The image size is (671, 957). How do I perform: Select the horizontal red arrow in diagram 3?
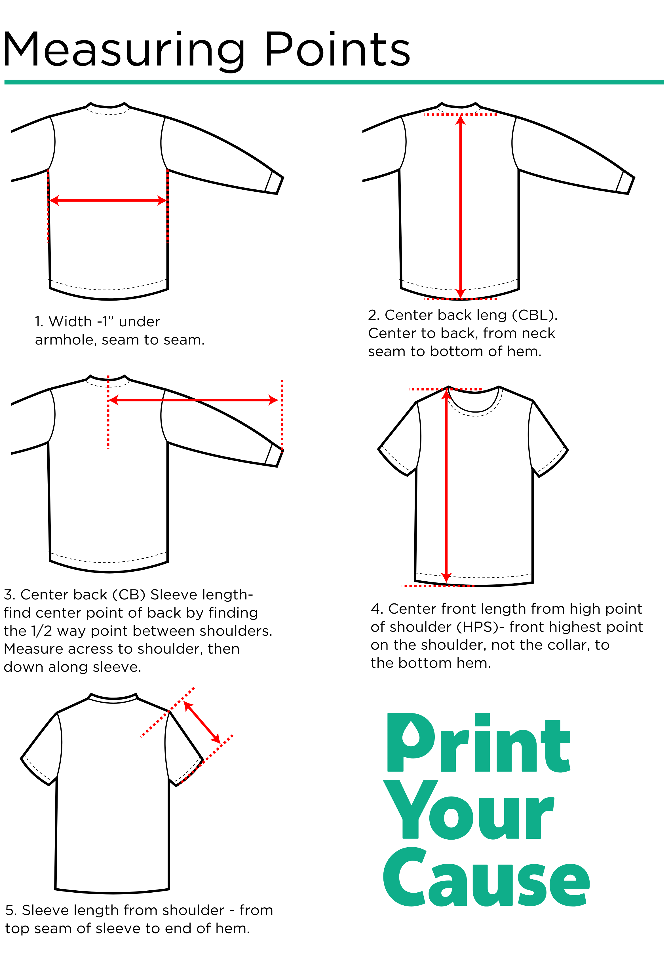pos(193,400)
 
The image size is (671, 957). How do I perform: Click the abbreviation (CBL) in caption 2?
pos(534,315)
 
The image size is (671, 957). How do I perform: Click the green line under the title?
pos(334,82)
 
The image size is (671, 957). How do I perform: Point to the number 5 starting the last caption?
pos(10,910)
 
